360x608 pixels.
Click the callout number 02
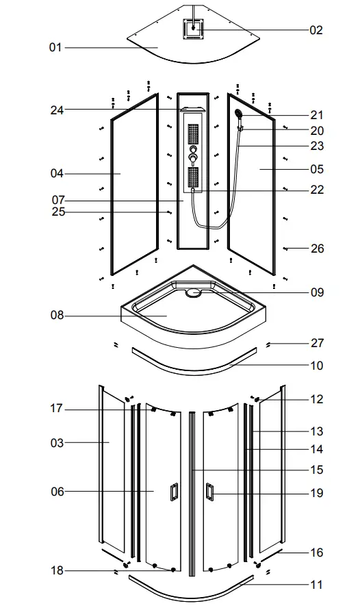[316, 30]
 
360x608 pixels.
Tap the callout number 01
[55, 47]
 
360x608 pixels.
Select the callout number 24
[57, 110]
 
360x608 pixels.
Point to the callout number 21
[317, 115]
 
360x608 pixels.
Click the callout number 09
[317, 292]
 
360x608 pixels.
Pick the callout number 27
[317, 343]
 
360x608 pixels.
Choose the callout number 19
[317, 492]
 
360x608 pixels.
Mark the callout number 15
[317, 470]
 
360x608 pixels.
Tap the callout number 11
[317, 585]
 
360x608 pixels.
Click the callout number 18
[57, 570]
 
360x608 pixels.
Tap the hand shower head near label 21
[237, 114]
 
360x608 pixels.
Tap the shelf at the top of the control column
[192, 109]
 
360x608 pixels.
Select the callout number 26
[317, 249]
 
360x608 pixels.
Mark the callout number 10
[317, 366]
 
